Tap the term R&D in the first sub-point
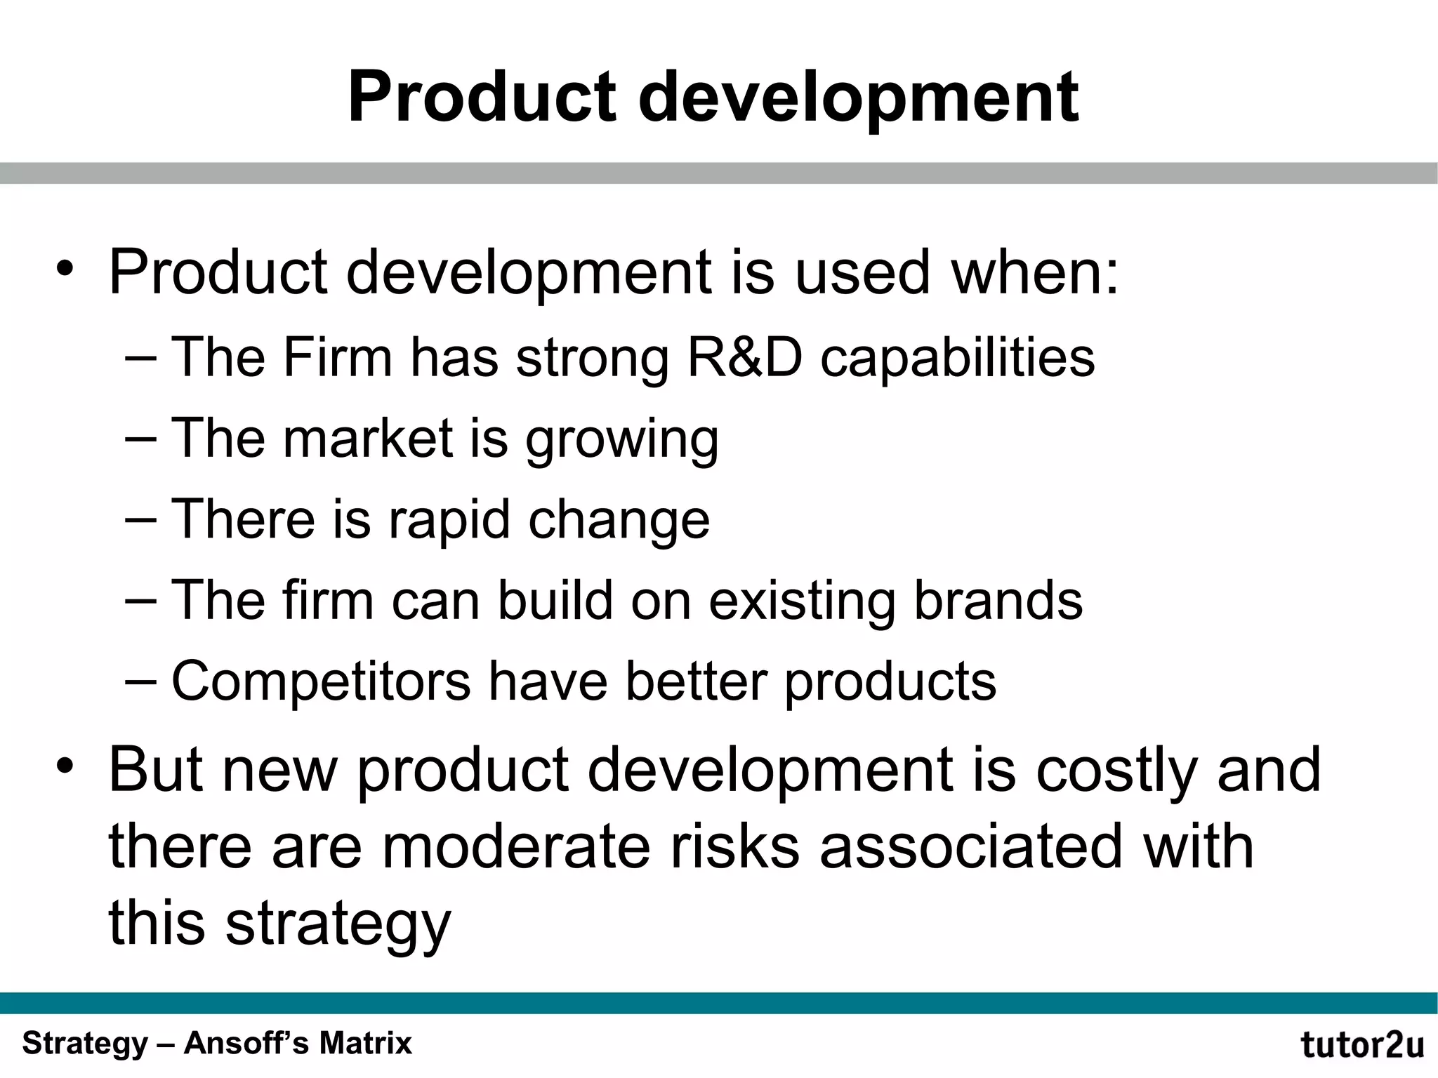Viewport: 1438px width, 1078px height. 745,358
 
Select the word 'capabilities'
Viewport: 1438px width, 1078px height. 958,358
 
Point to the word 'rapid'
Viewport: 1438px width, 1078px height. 449,520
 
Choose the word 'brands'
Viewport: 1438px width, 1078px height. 998,601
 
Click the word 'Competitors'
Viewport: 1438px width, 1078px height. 321,681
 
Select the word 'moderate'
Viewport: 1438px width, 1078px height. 516,847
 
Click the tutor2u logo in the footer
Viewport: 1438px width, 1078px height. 1362,1045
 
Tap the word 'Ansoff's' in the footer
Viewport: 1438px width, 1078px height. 247,1043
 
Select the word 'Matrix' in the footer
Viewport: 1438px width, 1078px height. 365,1043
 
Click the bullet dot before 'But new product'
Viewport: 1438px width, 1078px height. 65,766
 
